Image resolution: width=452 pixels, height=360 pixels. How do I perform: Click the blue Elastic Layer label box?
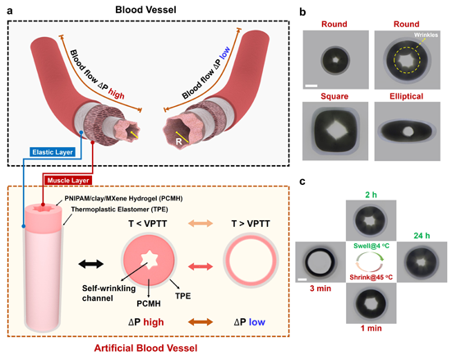click(x=52, y=152)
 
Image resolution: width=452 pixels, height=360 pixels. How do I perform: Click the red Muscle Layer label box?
click(x=67, y=181)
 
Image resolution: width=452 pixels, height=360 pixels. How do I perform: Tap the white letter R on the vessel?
click(x=178, y=141)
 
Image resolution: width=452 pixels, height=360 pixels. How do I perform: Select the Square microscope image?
click(x=335, y=131)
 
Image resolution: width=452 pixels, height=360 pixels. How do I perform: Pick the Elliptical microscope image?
click(x=408, y=132)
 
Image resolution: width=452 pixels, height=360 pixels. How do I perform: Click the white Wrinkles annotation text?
click(x=426, y=35)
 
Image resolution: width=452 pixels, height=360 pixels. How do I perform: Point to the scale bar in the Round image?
click(x=311, y=85)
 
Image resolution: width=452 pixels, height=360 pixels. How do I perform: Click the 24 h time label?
click(x=422, y=236)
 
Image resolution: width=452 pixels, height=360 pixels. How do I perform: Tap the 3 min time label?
click(x=321, y=288)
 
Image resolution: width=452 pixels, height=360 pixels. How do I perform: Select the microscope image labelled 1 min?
click(x=371, y=303)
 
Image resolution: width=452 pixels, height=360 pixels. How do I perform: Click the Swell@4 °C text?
click(x=371, y=246)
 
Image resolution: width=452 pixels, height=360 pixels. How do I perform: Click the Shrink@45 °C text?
click(x=371, y=277)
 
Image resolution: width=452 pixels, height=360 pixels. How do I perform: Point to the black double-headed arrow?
click(x=90, y=264)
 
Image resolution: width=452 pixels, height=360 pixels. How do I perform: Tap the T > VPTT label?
click(x=251, y=224)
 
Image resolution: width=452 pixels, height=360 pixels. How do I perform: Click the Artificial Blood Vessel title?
click(x=145, y=348)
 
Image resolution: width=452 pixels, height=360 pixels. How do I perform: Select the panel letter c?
click(x=302, y=182)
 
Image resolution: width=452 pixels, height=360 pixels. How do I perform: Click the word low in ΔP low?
click(x=257, y=322)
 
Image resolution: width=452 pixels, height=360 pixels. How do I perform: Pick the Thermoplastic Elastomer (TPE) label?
click(x=119, y=210)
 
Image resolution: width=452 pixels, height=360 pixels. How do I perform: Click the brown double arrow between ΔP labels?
click(x=201, y=321)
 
